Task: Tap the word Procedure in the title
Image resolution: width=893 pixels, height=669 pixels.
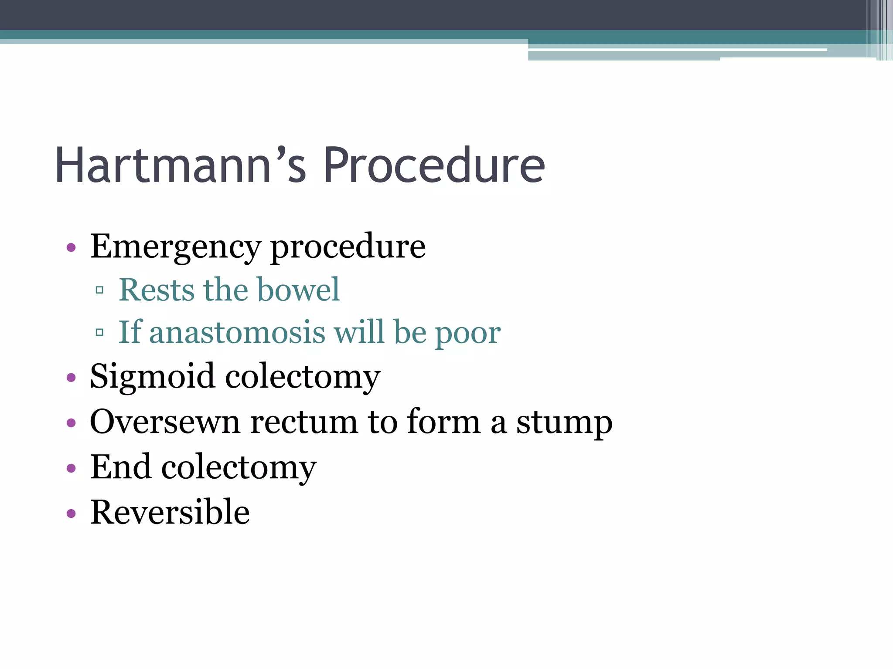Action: click(434, 166)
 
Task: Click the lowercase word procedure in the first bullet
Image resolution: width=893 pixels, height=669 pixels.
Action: click(348, 247)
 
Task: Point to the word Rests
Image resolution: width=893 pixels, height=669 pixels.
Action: click(157, 290)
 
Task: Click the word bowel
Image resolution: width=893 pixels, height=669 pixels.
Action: click(298, 290)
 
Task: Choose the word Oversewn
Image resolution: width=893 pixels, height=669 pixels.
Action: click(165, 422)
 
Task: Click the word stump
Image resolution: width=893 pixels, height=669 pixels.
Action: click(564, 422)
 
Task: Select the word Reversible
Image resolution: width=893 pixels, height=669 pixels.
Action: click(170, 512)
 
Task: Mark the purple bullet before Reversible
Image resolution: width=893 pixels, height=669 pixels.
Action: click(71, 513)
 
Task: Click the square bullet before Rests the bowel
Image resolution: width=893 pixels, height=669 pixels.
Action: click(99, 290)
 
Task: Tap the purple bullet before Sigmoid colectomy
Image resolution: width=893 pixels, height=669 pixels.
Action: click(71, 378)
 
